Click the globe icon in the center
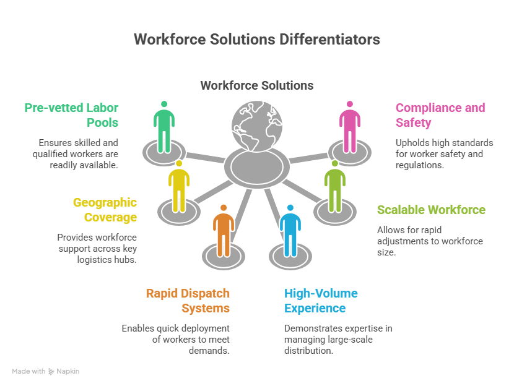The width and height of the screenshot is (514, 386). click(257, 126)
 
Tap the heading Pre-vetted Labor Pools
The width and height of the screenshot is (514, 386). click(71, 115)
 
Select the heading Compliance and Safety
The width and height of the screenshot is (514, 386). click(440, 115)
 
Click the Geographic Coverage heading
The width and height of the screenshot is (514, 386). click(105, 210)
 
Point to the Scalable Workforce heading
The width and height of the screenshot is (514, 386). click(431, 210)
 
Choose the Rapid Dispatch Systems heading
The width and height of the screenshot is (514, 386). click(188, 301)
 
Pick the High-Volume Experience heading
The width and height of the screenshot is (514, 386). click(321, 301)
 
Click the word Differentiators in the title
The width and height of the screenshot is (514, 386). click(329, 40)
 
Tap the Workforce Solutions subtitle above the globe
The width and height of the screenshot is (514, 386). click(257, 85)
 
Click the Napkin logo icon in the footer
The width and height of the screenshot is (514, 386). click(51, 372)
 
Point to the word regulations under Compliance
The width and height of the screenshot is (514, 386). click(420, 165)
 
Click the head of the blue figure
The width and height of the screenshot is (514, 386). click(290, 208)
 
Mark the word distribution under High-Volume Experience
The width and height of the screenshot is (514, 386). click(308, 351)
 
